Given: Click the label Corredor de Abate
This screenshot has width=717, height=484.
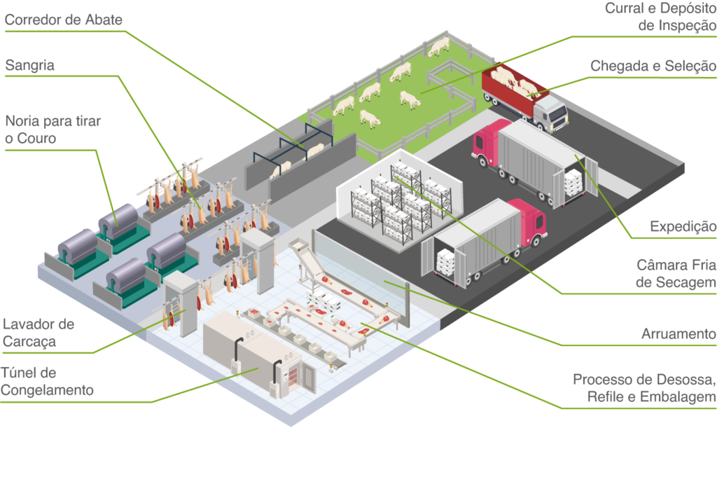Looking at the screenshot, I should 64,20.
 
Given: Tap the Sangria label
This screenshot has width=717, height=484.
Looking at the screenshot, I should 30,67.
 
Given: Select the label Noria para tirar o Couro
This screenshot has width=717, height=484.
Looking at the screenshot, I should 53,130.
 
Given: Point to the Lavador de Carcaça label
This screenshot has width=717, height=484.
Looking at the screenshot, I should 39,333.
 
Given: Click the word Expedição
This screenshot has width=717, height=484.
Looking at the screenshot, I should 683,227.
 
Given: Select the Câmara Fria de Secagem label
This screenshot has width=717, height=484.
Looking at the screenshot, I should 676,274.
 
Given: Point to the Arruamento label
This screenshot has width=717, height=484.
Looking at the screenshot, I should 678,334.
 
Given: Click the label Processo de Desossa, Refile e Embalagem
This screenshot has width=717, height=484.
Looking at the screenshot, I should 644,389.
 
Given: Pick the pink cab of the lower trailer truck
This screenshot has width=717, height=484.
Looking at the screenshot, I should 529,220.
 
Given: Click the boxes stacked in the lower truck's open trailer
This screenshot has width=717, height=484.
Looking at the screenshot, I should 447,262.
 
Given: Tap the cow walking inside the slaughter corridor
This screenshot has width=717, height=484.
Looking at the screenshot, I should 315,149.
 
